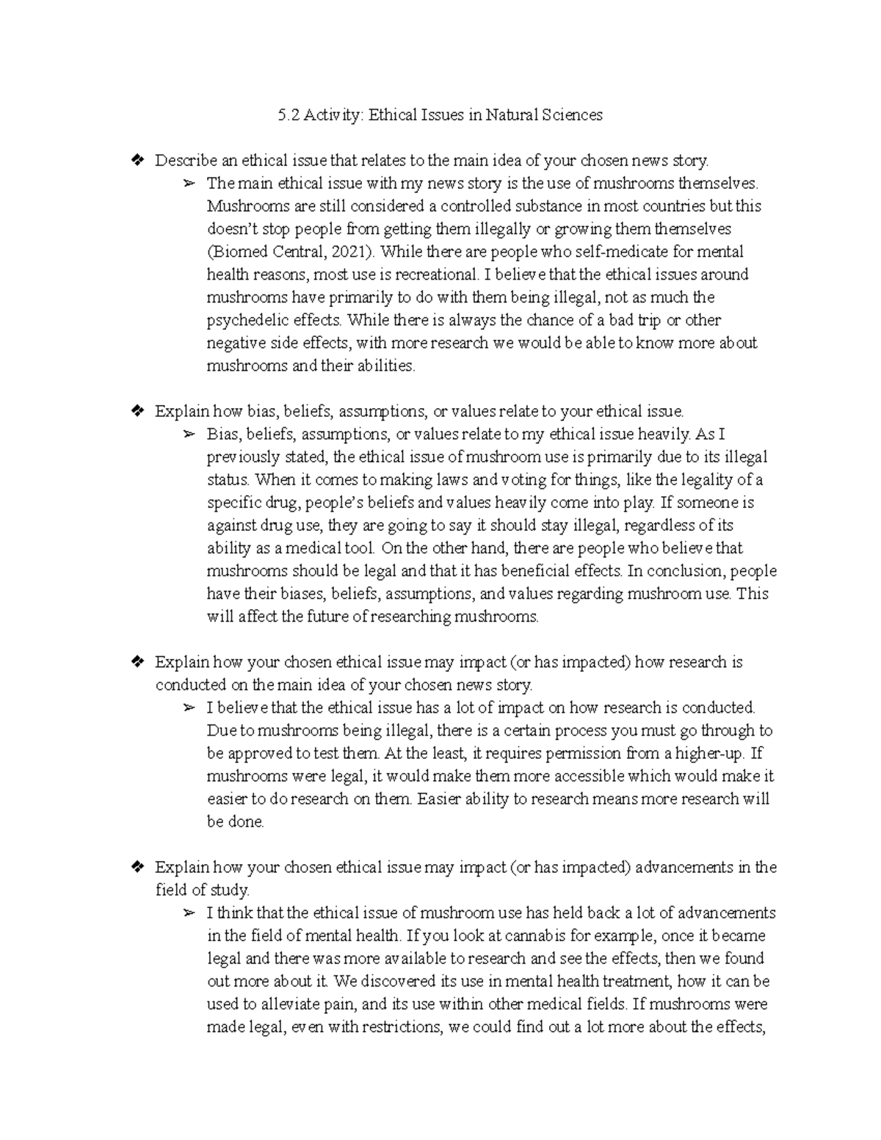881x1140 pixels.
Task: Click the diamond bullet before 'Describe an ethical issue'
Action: tap(135, 160)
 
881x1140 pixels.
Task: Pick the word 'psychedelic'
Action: tap(244, 320)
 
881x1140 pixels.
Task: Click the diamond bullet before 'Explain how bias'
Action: tap(135, 411)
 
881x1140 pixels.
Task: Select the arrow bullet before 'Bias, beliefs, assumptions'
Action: tap(189, 435)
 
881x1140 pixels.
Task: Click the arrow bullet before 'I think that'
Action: tap(189, 913)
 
